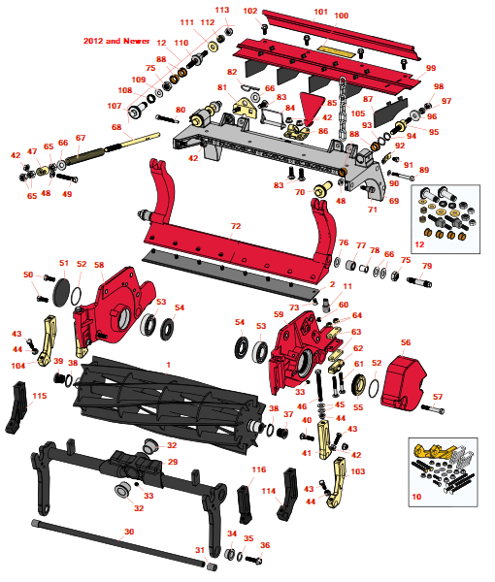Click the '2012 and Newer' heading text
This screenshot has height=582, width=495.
pos(116,41)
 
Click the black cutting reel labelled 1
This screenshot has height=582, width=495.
pos(169,404)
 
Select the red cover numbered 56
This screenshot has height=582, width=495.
pos(403,384)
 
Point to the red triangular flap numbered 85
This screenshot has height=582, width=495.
pos(313,108)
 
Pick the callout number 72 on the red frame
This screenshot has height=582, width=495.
pos(236,226)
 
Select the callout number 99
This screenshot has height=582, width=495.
pos(431,68)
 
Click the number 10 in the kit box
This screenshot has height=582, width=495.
pos(416,497)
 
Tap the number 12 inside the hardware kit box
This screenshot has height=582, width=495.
pos(419,244)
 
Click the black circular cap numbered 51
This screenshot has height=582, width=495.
pos(62,292)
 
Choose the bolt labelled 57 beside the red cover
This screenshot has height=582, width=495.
pos(433,409)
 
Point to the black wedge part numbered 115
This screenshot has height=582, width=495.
pos(16,407)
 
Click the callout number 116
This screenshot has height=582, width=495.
pos(258,469)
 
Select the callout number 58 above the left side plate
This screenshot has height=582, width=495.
pos(99,265)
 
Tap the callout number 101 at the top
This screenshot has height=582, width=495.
pos(320,12)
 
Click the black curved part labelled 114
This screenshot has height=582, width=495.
pos(287,494)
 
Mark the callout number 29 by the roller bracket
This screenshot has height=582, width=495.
pos(173,462)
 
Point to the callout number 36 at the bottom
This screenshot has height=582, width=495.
pos(265,545)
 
